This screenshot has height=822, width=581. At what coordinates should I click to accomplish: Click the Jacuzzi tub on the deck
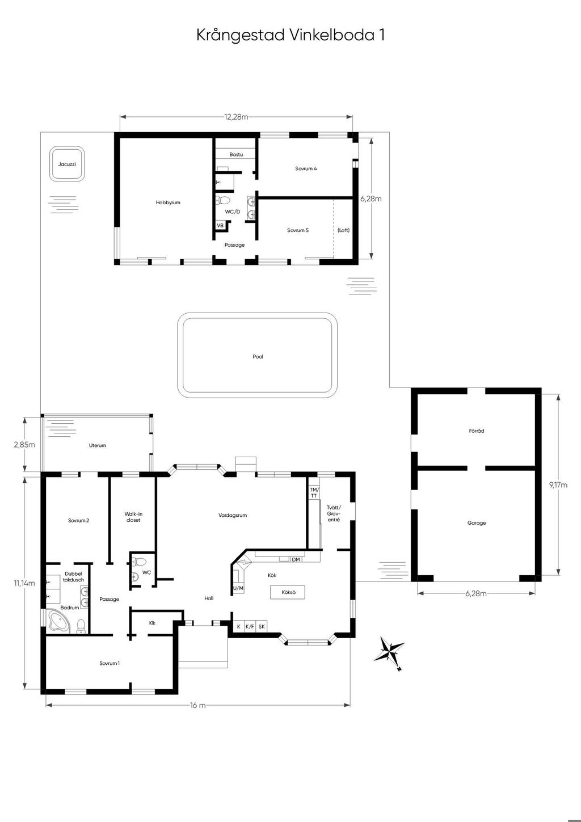[67, 164]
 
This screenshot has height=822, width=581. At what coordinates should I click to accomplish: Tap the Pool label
[258, 356]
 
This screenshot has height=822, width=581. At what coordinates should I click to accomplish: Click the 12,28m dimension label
[236, 117]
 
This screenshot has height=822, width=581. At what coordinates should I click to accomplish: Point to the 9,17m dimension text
[558, 485]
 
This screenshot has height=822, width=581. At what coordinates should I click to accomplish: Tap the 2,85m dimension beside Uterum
[24, 445]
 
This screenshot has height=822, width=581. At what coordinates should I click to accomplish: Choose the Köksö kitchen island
[288, 592]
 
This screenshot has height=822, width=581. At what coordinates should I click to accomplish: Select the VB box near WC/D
[220, 226]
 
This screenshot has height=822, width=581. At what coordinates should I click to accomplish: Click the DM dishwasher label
[296, 559]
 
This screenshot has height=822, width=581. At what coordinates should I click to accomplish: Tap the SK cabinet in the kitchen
[262, 626]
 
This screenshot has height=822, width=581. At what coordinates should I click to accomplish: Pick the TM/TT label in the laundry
[313, 492]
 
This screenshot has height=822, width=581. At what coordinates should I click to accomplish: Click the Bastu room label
[236, 154]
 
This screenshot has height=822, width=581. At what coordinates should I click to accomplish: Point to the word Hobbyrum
[168, 202]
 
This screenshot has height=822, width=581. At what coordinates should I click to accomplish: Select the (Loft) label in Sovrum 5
[343, 230]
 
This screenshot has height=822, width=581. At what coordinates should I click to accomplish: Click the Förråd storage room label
[477, 431]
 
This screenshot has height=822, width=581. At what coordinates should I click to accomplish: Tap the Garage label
[477, 523]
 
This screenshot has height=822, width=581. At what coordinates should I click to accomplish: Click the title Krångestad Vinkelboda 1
[290, 35]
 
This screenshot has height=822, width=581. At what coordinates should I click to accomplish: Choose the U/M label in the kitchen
[238, 588]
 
